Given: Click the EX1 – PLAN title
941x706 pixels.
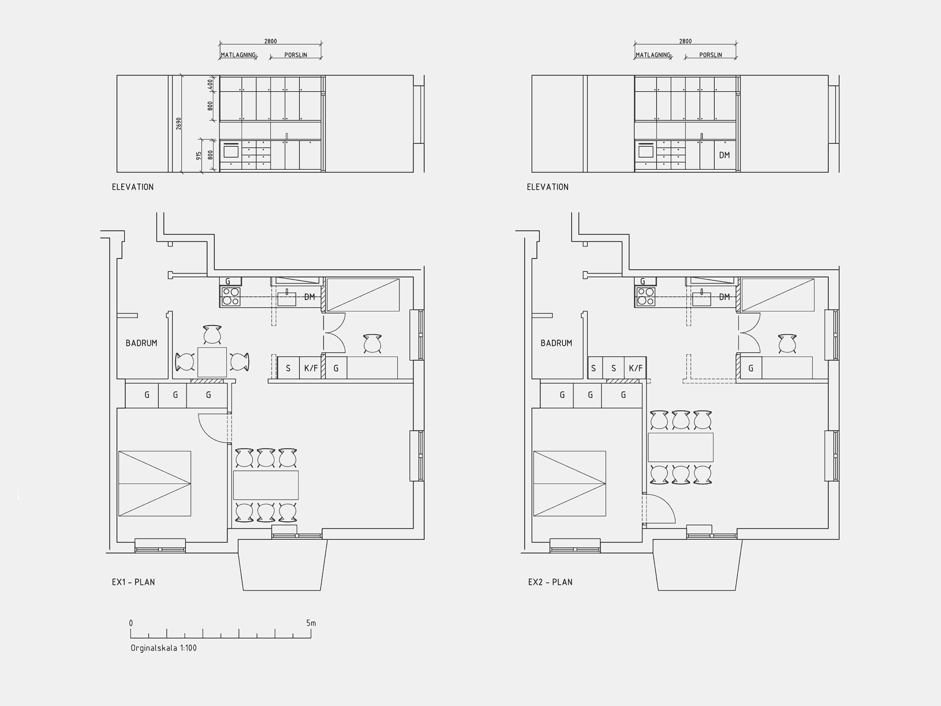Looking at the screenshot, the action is tap(133, 582).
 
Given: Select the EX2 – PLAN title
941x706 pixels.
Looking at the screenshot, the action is tap(550, 582).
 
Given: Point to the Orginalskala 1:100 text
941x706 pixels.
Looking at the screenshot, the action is tap(164, 648).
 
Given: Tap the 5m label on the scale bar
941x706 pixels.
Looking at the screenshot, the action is tap(311, 623).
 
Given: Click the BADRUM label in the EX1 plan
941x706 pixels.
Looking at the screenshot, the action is tap(141, 343).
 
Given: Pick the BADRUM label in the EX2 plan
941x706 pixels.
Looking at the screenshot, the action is tap(557, 343).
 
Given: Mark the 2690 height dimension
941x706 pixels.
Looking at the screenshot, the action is tap(179, 124).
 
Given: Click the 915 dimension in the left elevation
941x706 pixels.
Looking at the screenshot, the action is tap(199, 156).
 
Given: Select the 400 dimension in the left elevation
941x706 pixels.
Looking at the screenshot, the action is tap(210, 84).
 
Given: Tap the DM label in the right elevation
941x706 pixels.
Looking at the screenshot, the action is tap(725, 155).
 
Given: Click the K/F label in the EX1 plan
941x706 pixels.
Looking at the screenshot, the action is tap(311, 368).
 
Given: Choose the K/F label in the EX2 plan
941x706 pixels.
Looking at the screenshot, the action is tap(636, 368).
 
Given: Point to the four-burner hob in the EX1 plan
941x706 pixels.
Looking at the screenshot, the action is tap(231, 296).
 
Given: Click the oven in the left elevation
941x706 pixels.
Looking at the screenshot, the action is tap(231, 151).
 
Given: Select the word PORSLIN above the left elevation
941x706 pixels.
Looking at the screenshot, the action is tap(296, 55).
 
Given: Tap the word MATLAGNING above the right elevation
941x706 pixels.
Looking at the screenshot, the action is tap(653, 55).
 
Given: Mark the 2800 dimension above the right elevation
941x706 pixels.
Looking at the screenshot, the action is tap(685, 41).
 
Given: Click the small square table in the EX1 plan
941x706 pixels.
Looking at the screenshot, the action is tap(212, 362).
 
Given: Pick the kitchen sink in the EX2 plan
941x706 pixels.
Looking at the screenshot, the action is tap(702, 298).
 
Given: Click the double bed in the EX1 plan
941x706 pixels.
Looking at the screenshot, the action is tap(155, 484).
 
